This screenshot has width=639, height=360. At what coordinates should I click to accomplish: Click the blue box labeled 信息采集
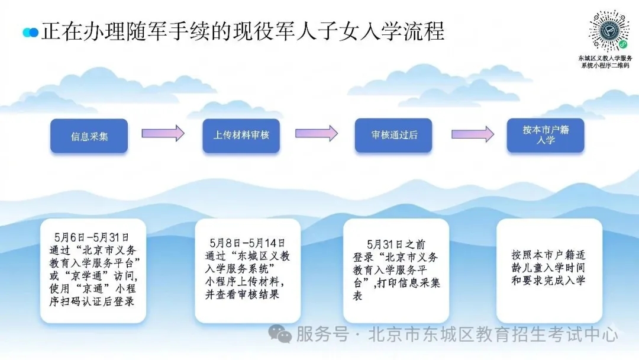[89, 136]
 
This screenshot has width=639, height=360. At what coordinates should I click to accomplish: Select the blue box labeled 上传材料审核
[241, 136]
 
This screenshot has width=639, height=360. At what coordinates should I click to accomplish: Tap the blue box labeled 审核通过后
[393, 136]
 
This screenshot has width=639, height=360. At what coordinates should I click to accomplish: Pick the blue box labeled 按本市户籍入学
[546, 136]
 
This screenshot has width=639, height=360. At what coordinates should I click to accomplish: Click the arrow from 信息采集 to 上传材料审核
[163, 133]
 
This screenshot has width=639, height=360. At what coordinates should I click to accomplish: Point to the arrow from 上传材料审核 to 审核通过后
[317, 133]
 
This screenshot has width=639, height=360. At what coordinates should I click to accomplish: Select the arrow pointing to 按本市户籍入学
[473, 134]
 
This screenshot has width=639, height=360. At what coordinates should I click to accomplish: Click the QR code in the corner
[609, 31]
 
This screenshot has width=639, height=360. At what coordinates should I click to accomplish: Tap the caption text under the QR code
[605, 62]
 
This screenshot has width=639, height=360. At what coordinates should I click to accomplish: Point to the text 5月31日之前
[396, 245]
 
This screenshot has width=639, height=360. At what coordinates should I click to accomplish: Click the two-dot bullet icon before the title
[31, 32]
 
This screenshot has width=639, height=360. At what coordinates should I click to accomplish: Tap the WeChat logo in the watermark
[279, 334]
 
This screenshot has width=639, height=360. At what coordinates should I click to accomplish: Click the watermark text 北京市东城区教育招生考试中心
[493, 335]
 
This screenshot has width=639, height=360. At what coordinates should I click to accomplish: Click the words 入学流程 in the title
[401, 31]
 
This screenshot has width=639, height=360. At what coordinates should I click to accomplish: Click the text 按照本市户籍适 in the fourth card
[548, 255]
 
